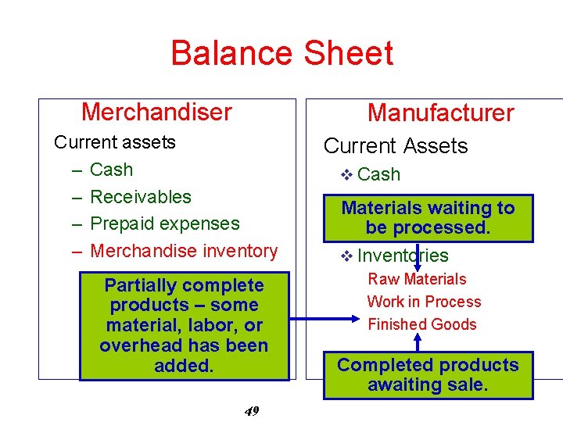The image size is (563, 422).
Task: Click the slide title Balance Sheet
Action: [281, 53]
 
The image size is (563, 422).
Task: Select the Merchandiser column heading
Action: [156, 112]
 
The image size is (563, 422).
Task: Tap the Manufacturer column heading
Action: [440, 113]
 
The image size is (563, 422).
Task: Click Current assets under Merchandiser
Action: [114, 142]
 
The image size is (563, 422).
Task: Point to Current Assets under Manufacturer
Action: [395, 146]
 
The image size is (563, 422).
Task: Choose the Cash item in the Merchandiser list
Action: [111, 170]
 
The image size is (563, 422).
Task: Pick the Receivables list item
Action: [141, 197]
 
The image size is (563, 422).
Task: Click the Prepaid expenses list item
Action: [165, 224]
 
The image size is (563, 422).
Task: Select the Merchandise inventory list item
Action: [184, 251]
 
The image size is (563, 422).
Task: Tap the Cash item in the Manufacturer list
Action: [378, 174]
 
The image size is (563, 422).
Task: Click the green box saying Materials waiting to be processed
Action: [428, 218]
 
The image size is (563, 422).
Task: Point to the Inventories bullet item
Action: [403, 256]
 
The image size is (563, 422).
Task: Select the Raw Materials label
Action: [417, 279]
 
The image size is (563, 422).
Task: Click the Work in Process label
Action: [424, 302]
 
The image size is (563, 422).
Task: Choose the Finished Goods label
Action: [421, 324]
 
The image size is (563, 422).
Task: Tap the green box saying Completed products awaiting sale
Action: [428, 375]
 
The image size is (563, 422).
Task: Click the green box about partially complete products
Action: [184, 325]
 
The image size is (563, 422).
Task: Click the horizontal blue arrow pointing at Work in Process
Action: [321, 319]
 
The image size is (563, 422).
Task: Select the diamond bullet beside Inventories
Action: [347, 256]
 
